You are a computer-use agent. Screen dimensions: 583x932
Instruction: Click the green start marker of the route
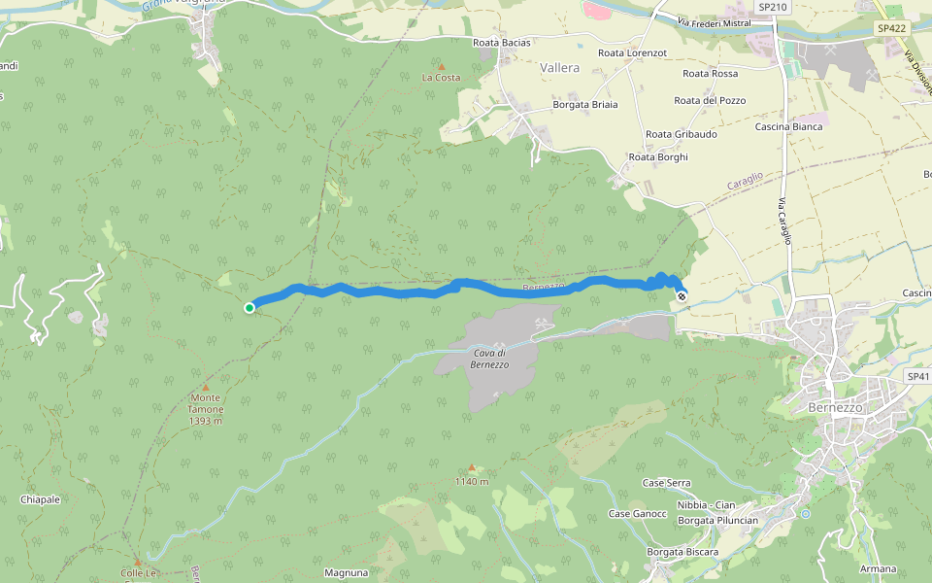point(250,308)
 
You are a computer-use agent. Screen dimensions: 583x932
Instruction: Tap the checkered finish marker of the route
point(682,296)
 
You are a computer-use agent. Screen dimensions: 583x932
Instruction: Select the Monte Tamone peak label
point(205,409)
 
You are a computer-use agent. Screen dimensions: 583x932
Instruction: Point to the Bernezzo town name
point(835,408)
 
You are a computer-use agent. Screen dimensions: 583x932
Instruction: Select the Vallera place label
point(559,68)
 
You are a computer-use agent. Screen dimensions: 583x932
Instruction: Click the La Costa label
point(441,77)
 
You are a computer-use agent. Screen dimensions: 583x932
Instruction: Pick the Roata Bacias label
point(501,43)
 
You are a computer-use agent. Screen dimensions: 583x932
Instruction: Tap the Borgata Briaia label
point(584,105)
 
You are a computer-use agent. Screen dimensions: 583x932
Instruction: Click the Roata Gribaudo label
point(682,134)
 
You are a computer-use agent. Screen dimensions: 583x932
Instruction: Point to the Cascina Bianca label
point(788,126)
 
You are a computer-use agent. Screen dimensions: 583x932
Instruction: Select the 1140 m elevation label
point(471,481)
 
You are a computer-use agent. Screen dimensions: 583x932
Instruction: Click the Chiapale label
point(40,499)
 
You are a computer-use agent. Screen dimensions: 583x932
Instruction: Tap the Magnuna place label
point(346,573)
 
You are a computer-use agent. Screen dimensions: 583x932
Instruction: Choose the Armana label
point(878,568)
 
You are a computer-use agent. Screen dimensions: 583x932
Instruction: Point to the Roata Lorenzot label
point(632,52)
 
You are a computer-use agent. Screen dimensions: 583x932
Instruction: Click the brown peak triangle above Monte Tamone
point(205,387)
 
